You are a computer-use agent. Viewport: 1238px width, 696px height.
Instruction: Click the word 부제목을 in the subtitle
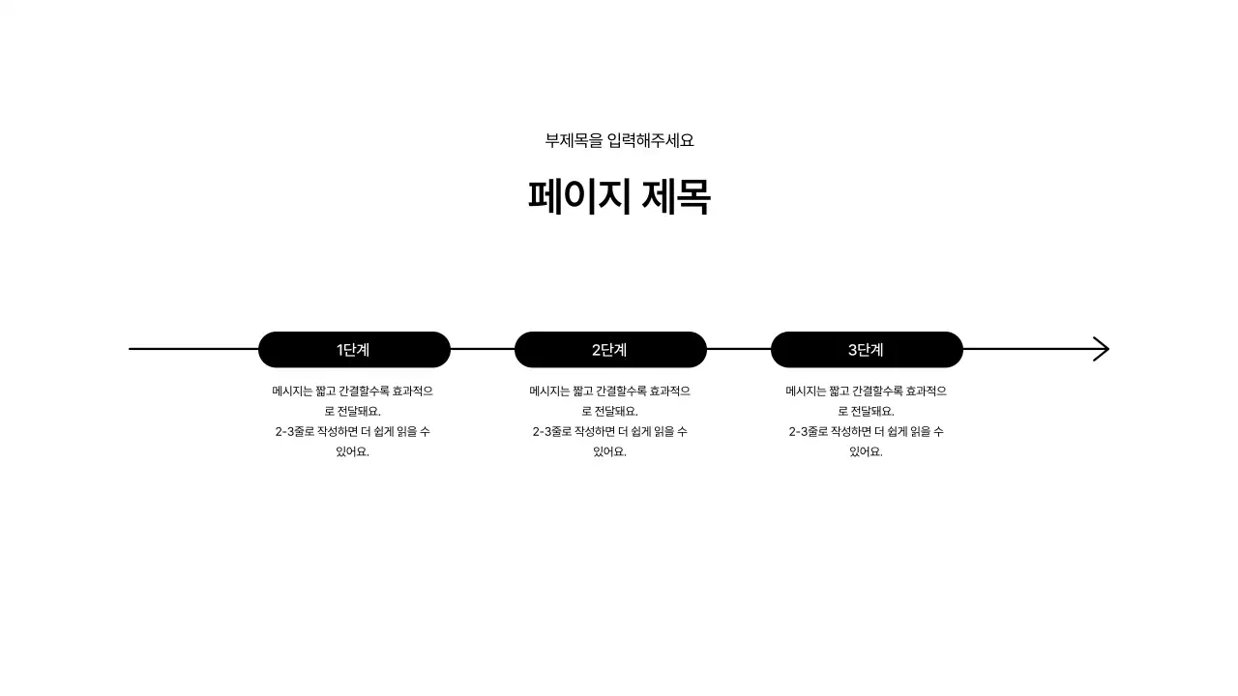[574, 140]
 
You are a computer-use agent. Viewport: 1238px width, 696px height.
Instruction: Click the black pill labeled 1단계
[354, 350]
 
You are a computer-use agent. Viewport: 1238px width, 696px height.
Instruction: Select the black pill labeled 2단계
[610, 350]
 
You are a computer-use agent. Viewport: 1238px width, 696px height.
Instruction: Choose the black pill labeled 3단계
[867, 350]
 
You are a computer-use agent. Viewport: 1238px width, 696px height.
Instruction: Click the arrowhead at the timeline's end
[1101, 349]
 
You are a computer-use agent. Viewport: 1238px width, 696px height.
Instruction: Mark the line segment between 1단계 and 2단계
[483, 349]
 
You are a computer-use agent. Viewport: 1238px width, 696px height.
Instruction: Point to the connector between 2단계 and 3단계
[739, 349]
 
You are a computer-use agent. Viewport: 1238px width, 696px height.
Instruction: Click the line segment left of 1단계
[193, 349]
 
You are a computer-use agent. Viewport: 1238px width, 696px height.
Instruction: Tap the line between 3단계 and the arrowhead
[1025, 349]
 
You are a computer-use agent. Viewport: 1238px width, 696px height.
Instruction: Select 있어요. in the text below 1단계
[353, 451]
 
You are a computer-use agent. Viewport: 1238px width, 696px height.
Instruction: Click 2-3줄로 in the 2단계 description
[552, 431]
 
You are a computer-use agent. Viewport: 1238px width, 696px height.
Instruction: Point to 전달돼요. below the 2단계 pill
[622, 412]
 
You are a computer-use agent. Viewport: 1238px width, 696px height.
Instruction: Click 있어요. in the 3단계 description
[867, 451]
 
